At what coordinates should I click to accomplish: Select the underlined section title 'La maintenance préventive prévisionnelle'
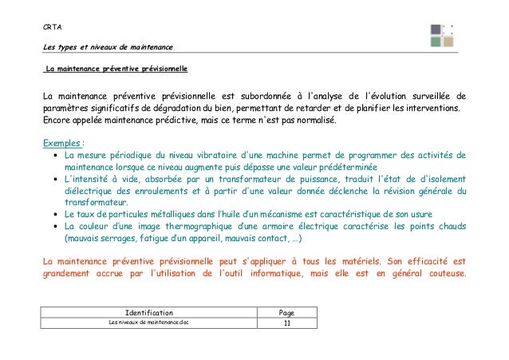[116, 70]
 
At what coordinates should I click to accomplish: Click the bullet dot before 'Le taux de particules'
[53, 216]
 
